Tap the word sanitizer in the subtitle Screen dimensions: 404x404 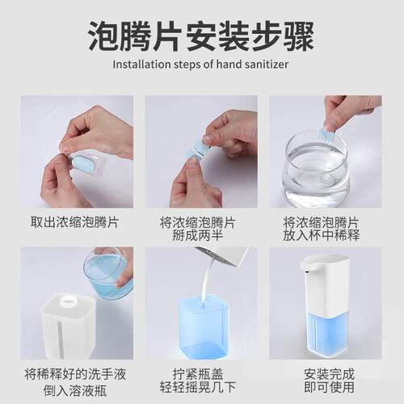[x=266, y=65]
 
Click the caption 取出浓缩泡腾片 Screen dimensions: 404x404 [x=76, y=221]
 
